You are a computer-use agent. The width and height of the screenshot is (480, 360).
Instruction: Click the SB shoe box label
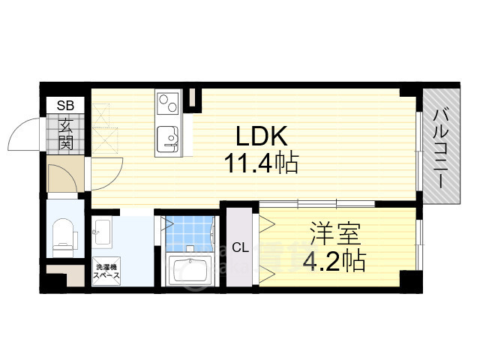coord(65,105)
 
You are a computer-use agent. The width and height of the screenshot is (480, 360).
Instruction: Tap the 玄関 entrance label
coord(66,133)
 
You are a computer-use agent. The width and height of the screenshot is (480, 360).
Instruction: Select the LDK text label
coord(262,136)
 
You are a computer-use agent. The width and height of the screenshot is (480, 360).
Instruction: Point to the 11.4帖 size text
coord(261,163)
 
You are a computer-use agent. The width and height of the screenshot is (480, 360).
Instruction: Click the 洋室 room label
coord(335,234)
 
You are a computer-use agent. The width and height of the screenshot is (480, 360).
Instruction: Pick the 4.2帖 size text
coord(334,261)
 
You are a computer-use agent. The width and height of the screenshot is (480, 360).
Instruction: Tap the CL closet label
coord(240,247)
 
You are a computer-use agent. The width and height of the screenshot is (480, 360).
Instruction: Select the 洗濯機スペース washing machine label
coord(106,271)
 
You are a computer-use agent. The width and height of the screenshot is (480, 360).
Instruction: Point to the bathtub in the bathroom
coord(190,270)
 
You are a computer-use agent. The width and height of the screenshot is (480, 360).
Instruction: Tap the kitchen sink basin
coord(167,139)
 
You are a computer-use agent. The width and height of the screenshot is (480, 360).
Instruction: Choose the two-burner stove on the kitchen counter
coord(168,103)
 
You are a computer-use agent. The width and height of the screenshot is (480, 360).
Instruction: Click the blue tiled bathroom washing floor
coord(190,233)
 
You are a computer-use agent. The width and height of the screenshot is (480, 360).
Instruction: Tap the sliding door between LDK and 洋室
coord(317,204)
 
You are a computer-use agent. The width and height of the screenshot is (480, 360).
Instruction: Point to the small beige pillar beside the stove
coord(193,97)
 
